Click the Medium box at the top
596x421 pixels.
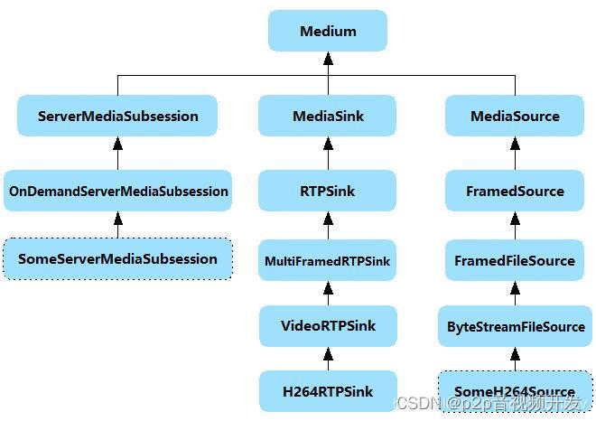click(328, 31)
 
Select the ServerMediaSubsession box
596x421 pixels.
click(117, 116)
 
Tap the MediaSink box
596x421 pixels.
click(328, 116)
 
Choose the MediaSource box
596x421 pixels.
click(515, 116)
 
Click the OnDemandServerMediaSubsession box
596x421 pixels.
click(117, 191)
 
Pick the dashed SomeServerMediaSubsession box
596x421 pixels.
click(117, 258)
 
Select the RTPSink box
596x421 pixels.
click(328, 191)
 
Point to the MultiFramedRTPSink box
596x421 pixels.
click(328, 260)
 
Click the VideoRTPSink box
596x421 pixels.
click(328, 325)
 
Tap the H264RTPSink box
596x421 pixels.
click(328, 391)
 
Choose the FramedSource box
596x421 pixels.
click(515, 191)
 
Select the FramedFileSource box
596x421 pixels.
click(515, 260)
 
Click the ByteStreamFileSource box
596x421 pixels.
click(515, 325)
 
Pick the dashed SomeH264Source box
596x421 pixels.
click(515, 391)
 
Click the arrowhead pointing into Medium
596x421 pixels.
click(328, 58)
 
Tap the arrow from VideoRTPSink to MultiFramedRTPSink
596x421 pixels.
click(328, 293)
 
